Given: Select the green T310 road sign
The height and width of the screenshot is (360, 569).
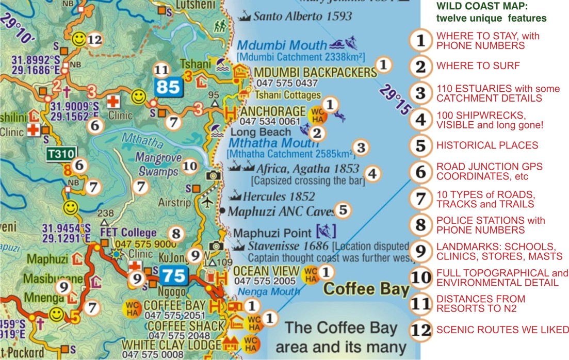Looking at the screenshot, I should pyautogui.click(x=61, y=153).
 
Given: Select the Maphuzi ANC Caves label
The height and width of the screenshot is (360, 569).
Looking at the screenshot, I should pyautogui.click(x=281, y=211).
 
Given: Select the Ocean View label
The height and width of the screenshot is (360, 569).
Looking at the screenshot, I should pyautogui.click(x=266, y=271).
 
